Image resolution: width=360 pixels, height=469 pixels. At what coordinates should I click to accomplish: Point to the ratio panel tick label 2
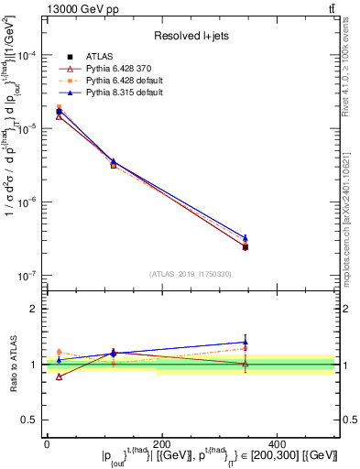[x=35, y=309]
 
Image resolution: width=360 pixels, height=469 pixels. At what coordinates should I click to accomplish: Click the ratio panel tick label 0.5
[x=32, y=420]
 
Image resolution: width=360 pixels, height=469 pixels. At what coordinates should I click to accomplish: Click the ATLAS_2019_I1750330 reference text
[x=190, y=274]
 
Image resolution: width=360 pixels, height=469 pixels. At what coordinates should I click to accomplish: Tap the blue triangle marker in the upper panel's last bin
[x=245, y=238]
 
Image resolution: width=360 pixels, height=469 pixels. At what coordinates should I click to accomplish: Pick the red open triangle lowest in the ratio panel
[x=60, y=376]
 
